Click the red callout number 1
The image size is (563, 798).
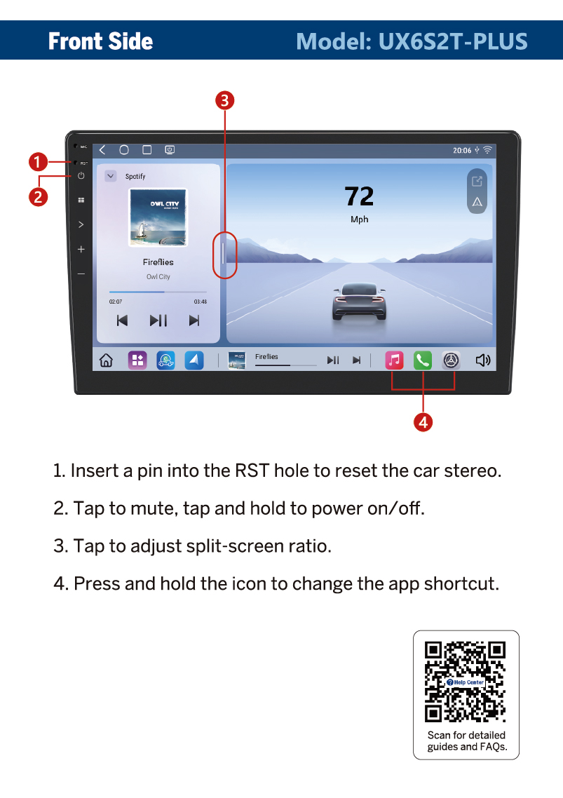click(x=38, y=163)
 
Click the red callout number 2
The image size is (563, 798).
click(x=38, y=197)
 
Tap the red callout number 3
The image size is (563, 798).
click(x=225, y=100)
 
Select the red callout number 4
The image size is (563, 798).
click(x=423, y=422)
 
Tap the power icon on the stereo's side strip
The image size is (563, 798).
click(x=81, y=175)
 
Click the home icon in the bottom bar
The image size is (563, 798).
click(x=106, y=360)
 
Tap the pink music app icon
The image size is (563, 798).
click(x=394, y=360)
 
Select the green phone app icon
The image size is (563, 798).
click(x=423, y=360)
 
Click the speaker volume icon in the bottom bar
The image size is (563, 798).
click(x=482, y=360)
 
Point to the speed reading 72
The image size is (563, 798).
click(x=360, y=196)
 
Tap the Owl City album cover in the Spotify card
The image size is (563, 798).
click(x=158, y=217)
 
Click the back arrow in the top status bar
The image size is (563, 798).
click(x=102, y=149)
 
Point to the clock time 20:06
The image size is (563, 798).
click(x=462, y=151)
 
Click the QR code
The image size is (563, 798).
click(x=466, y=682)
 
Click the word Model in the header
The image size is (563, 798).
click(x=334, y=41)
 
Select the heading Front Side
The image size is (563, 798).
click(x=100, y=41)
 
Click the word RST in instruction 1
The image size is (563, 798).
click(x=252, y=471)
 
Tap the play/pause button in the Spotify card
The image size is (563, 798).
click(x=158, y=320)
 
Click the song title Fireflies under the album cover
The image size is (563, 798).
click(x=158, y=262)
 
